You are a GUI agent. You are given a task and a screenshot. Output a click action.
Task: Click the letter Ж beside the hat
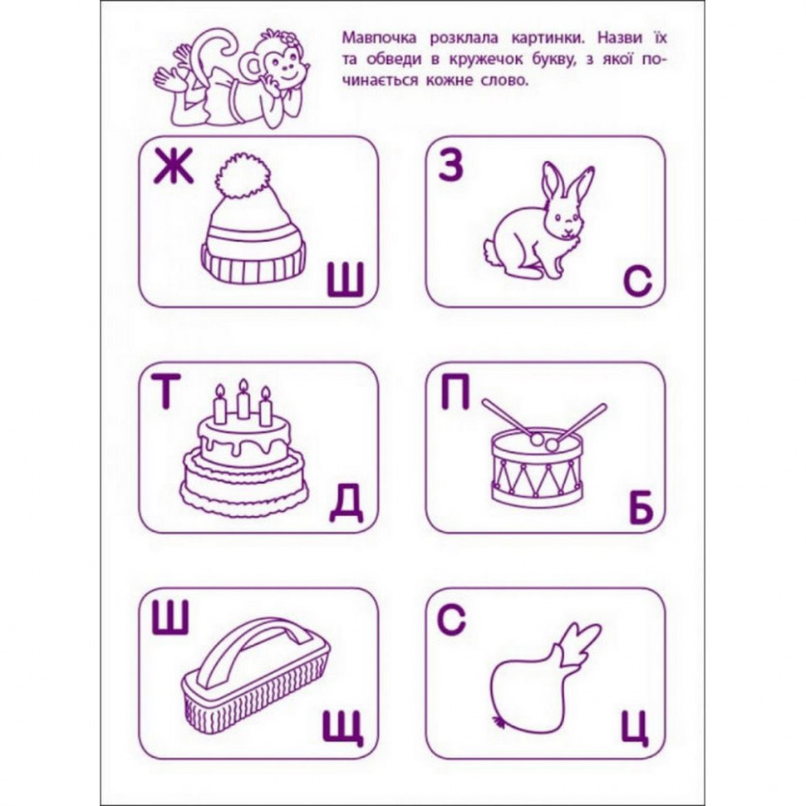173,169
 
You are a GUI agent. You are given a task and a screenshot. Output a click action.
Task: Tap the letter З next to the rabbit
450,169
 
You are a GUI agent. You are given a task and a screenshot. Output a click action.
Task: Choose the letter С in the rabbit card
638,283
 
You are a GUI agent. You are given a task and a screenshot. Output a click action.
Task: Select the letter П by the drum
455,393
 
